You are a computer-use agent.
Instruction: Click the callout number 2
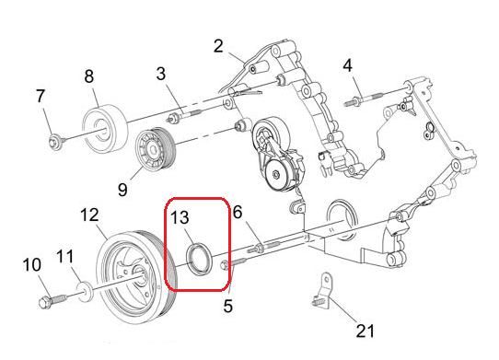pos(218,46)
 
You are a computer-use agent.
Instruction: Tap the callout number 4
pos(347,65)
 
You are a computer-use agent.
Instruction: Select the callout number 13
pos(180,217)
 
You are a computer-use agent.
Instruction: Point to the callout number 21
pos(365,331)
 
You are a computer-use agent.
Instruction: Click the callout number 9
pos(122,190)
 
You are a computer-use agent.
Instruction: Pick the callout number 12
pos(89,215)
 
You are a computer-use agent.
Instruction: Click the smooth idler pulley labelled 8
pos(105,129)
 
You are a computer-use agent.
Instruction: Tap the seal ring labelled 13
pos(199,258)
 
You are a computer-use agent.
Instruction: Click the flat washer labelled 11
pos(86,291)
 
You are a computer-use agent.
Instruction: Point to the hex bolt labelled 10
pos(52,301)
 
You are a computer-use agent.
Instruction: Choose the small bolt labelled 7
pos(57,142)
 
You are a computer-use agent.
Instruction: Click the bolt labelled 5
pos(233,263)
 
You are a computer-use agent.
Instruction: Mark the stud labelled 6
pos(263,247)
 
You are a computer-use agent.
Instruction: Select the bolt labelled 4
pos(362,99)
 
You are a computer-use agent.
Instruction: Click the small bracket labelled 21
pos(322,292)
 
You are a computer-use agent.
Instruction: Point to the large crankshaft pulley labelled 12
pos(135,277)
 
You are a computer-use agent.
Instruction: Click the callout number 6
pos(238,213)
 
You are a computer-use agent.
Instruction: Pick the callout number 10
pos(32,265)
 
